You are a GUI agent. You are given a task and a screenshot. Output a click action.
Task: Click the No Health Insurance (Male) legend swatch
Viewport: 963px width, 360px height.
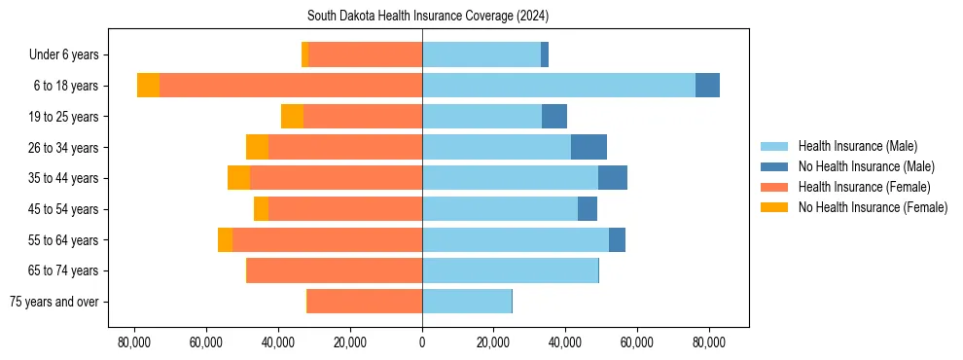(x=774, y=166)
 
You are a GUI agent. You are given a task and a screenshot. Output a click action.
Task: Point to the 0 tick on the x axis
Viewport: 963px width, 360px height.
(x=422, y=342)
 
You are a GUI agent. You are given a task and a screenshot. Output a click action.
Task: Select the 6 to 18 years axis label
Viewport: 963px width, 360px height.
(x=65, y=86)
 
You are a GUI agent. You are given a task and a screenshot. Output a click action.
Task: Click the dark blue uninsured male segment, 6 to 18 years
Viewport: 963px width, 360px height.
(x=707, y=86)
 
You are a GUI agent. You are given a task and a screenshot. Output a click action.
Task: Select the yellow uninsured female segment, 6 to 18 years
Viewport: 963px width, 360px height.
(x=148, y=86)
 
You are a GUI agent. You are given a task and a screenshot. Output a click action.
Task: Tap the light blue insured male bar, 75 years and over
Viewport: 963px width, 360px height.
(x=467, y=302)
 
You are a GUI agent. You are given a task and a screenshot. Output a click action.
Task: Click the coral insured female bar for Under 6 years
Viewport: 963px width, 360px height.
(x=365, y=54)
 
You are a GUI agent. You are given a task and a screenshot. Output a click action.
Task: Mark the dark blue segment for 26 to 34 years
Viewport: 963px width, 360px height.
(x=588, y=147)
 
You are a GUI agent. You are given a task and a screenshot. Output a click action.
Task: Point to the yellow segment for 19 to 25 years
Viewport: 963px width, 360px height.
(x=292, y=117)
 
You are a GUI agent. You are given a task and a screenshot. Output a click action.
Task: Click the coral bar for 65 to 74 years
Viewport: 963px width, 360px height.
(x=335, y=270)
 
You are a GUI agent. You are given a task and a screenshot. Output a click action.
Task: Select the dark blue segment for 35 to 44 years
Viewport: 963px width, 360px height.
(x=613, y=178)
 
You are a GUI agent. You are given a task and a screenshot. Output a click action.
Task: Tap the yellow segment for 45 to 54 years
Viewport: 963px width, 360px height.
(x=261, y=209)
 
